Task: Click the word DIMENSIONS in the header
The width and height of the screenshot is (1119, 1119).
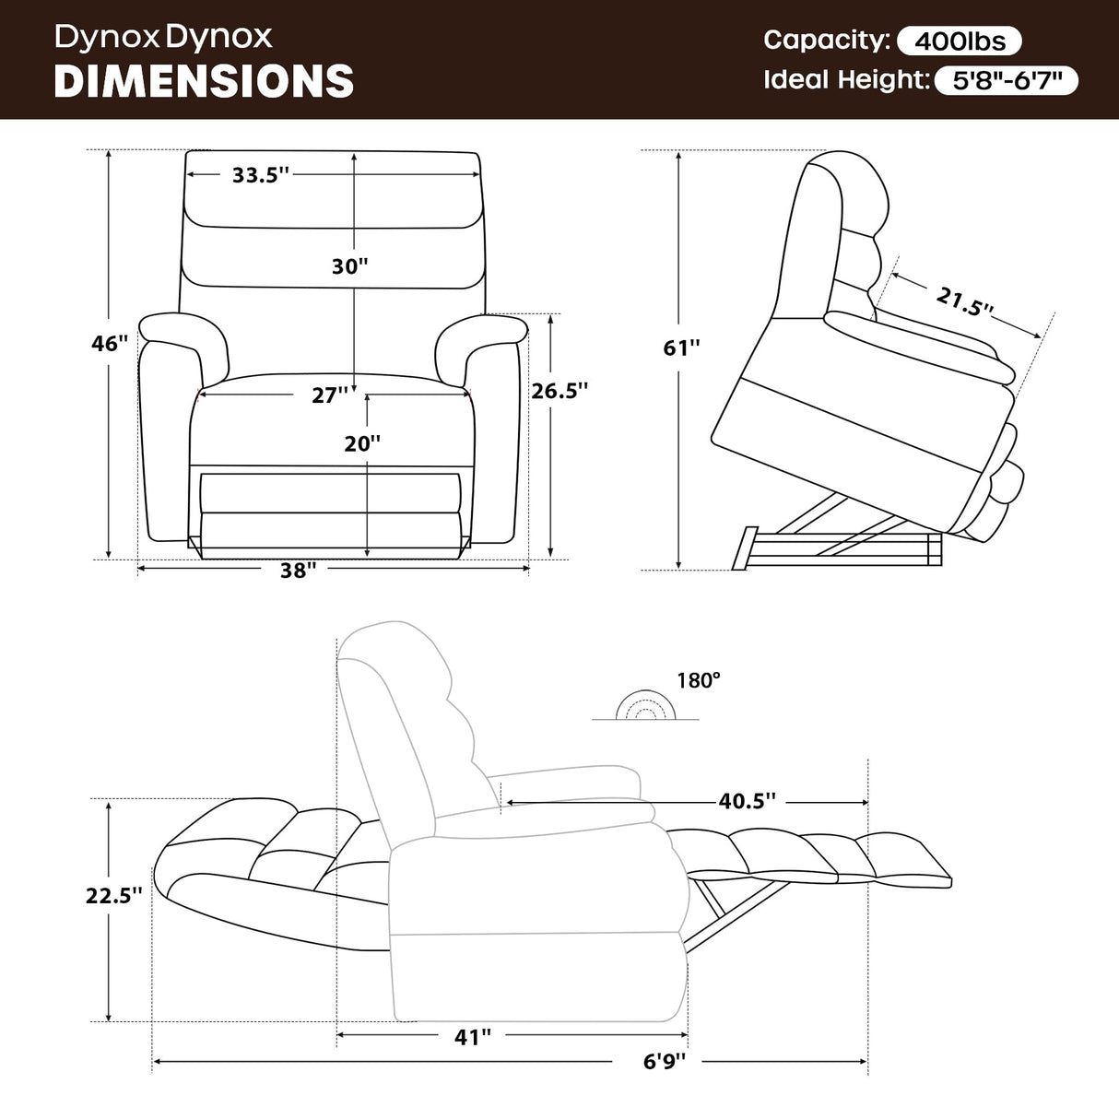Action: (x=204, y=81)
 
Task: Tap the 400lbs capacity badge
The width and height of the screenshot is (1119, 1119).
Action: (x=960, y=41)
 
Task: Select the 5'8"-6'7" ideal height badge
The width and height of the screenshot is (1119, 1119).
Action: (x=1007, y=81)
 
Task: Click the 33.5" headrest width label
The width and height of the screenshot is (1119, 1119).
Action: (x=261, y=175)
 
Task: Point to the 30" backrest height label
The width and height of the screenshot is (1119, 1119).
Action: (x=350, y=266)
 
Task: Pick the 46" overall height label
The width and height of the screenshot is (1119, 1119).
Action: (x=110, y=344)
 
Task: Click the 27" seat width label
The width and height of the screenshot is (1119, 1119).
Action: (x=330, y=395)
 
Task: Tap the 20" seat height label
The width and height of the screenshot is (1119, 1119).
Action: (x=362, y=443)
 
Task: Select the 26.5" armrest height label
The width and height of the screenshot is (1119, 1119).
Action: (x=559, y=391)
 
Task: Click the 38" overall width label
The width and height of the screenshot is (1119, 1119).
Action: (x=299, y=571)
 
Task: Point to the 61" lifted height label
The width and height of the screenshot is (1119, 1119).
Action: (x=682, y=347)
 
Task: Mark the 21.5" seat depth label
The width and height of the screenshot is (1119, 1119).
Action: (x=964, y=300)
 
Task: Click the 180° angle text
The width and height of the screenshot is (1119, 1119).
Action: (x=699, y=680)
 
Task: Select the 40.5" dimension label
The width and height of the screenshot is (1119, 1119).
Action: (x=748, y=801)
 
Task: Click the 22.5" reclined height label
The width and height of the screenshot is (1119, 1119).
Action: (x=114, y=895)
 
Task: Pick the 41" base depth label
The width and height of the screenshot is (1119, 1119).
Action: (x=473, y=1037)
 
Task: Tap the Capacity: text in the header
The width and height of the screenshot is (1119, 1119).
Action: (x=826, y=40)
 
